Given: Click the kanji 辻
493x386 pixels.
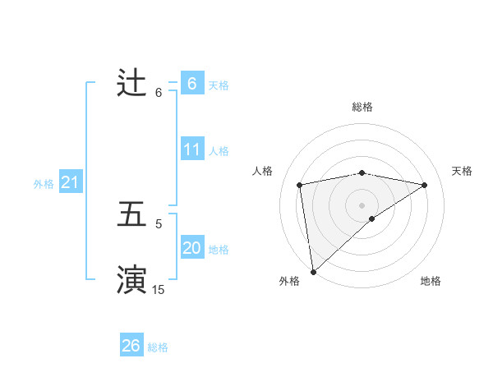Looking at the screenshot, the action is click(x=132, y=83).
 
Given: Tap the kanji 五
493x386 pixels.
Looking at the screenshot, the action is click(x=132, y=214).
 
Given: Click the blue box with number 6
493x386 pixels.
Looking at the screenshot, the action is click(x=192, y=83).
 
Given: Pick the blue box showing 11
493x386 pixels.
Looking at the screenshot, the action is click(x=192, y=149).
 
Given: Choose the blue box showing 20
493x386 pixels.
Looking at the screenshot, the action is click(x=192, y=248).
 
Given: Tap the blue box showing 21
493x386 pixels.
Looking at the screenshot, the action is click(x=71, y=183).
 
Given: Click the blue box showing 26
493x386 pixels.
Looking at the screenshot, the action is click(x=131, y=346).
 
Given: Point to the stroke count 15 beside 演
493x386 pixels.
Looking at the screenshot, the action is click(x=159, y=289).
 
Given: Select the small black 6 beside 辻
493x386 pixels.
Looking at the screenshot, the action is click(x=159, y=92).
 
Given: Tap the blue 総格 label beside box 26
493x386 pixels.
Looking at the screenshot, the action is click(x=158, y=347).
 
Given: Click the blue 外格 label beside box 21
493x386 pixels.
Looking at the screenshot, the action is click(x=44, y=184).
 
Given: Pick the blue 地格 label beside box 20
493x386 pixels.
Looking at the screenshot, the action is click(x=219, y=250).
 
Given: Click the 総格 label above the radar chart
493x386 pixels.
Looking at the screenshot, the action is click(x=362, y=107).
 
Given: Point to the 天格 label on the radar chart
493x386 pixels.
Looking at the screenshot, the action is click(x=463, y=171).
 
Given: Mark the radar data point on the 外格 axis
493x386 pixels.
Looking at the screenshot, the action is click(x=313, y=271).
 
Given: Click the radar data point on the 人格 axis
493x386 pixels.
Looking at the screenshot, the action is click(x=300, y=185).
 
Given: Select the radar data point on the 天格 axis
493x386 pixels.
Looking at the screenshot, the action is click(x=425, y=185).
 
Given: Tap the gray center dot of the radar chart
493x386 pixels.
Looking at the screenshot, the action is click(x=362, y=204).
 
